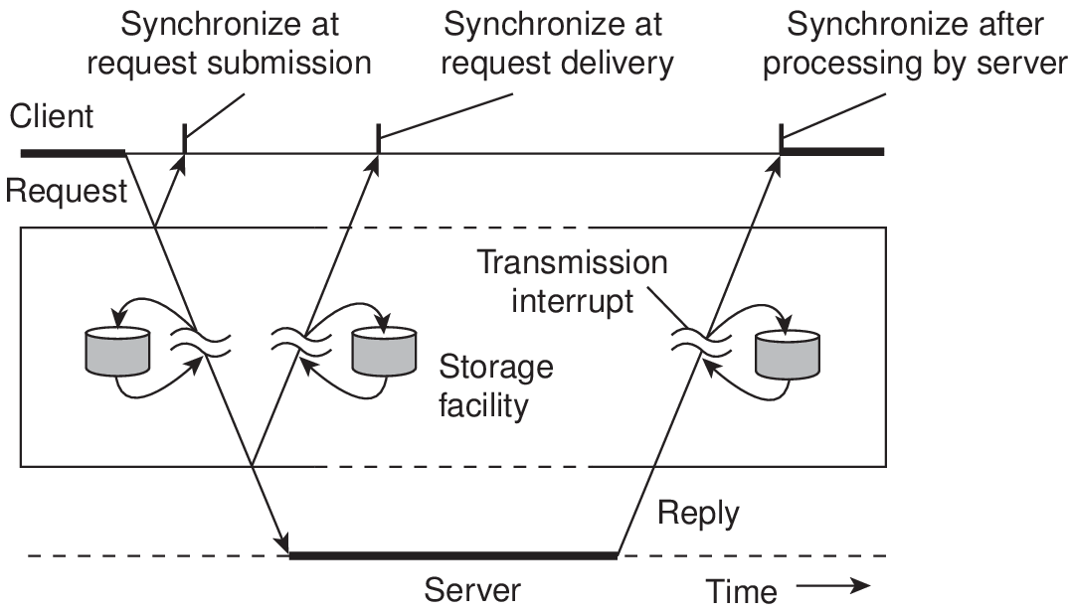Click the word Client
pos(51,116)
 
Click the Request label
pos(67,191)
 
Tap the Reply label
pos(698,514)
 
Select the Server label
pos(471,590)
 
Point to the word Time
pos(741,591)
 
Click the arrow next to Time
pos(833,586)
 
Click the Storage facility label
pos(495,386)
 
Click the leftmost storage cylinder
pos(117,351)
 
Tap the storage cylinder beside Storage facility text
pos(384,352)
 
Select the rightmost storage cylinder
pos(788,354)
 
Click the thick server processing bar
pos(453,555)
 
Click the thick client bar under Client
pos(73,153)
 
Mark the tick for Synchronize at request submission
pos(184,139)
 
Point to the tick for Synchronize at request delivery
pos(379,139)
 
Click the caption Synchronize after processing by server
pos(914,45)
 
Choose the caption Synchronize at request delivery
pos(556,45)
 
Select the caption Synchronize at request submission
pos(229,45)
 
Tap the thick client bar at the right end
pos(832,151)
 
